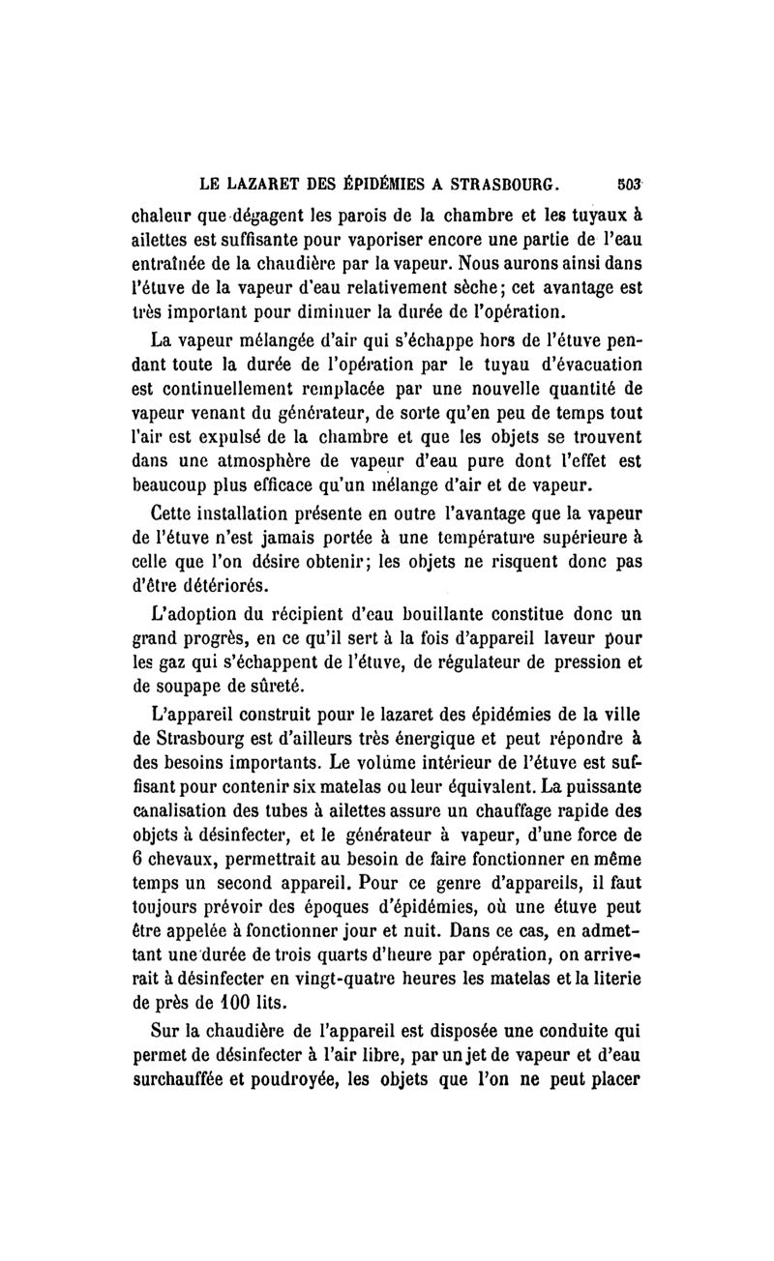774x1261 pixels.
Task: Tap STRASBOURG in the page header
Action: tap(509, 182)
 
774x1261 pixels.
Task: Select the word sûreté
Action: tap(279, 689)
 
